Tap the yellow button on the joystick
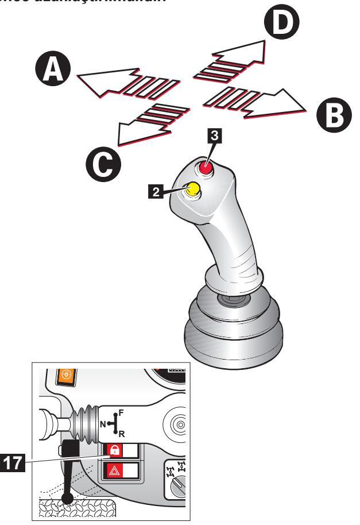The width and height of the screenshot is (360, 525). (193, 188)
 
